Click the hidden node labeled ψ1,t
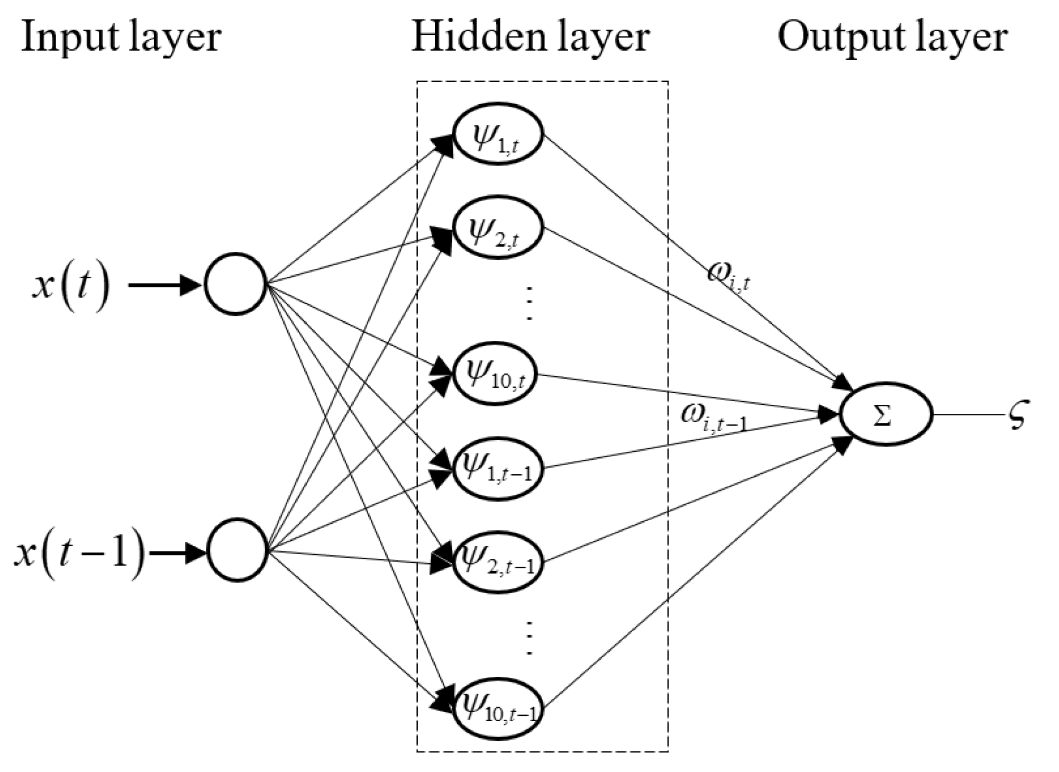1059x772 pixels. click(498, 134)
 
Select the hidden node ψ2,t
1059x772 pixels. click(498, 228)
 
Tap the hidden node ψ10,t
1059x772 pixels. click(496, 374)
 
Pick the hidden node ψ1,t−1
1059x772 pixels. click(498, 468)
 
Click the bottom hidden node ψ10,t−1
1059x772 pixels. click(498, 709)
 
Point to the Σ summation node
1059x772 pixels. click(887, 414)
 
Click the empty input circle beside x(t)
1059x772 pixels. click(235, 284)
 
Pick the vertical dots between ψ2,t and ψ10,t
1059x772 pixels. click(528, 303)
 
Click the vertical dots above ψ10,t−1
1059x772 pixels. click(528, 637)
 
